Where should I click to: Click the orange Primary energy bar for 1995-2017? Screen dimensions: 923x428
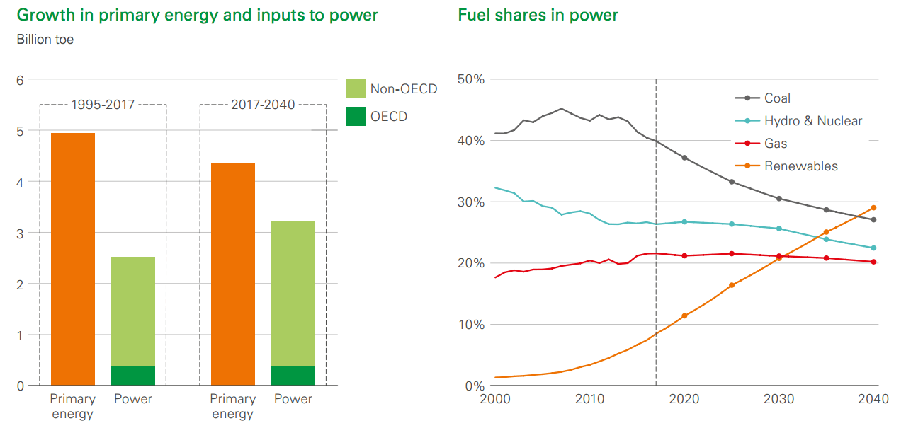(73, 259)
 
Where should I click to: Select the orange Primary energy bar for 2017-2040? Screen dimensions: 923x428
(233, 274)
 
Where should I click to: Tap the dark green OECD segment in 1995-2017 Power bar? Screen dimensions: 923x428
(133, 376)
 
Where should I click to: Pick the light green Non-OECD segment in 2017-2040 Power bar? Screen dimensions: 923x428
(293, 294)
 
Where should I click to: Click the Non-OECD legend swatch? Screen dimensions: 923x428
(356, 89)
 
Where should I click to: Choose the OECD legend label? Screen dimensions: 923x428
(389, 117)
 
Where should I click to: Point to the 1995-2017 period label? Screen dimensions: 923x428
(103, 105)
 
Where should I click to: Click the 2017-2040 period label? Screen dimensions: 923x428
(263, 105)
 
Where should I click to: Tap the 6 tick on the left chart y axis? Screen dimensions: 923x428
(20, 80)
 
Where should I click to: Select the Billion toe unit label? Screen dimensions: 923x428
(45, 40)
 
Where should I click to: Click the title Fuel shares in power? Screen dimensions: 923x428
(538, 16)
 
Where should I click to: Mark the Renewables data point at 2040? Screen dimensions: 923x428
(873, 208)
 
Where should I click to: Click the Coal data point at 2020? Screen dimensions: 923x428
(684, 158)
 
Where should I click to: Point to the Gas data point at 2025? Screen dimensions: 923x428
(732, 253)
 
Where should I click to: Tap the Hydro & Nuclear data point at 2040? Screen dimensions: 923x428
(873, 248)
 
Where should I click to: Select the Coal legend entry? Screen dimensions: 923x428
(762, 98)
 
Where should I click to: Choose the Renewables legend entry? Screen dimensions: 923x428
(786, 166)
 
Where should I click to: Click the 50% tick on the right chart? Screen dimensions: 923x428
(471, 79)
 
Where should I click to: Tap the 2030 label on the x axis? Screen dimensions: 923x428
(778, 399)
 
